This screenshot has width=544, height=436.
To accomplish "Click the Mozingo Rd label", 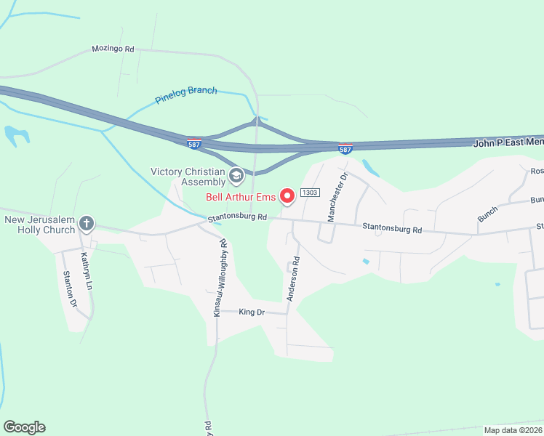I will tap(113, 49).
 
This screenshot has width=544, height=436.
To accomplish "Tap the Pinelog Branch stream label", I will tap(186, 95).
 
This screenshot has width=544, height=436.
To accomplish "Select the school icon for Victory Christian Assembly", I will tap(236, 175).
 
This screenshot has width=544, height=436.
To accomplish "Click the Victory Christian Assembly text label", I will tap(188, 177).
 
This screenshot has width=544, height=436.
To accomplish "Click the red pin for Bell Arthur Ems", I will tap(287, 195).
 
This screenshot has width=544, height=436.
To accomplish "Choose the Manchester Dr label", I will tap(337, 197).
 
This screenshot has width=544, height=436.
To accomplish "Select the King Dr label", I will tap(252, 312).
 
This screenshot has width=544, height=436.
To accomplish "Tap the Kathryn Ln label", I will tap(86, 269).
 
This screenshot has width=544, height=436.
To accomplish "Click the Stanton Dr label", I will tap(69, 288).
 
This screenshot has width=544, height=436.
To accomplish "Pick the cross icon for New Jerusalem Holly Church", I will tap(87, 224).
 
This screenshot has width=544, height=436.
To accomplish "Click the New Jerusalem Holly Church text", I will tap(39, 225).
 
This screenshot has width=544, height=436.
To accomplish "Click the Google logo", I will tap(24, 427).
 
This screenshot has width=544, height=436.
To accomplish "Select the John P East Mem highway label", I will tap(508, 142).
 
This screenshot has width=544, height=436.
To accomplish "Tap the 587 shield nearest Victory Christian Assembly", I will tap(194, 143).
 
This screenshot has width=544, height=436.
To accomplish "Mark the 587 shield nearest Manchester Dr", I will tap(346, 148).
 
